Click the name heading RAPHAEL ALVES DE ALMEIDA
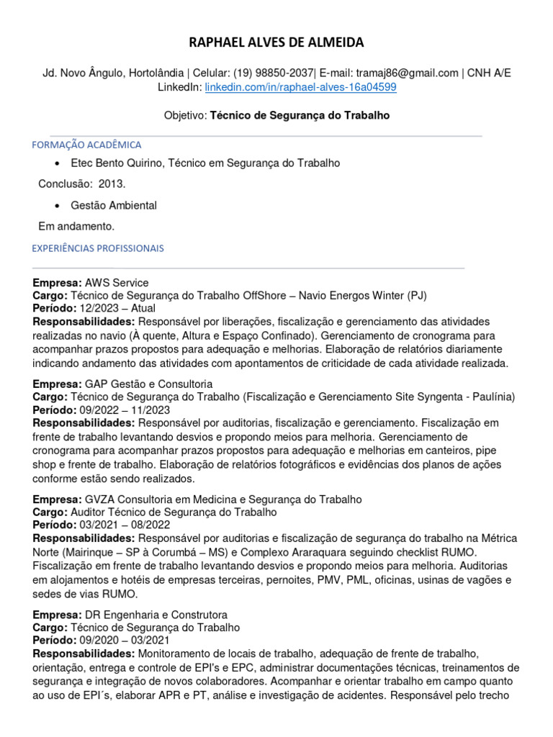(x=276, y=43)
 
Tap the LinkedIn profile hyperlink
(x=300, y=87)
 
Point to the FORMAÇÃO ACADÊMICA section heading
(x=86, y=145)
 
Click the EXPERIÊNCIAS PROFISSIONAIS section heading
(x=98, y=248)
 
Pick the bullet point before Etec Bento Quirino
(x=57, y=163)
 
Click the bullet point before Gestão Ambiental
(x=57, y=206)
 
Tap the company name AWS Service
(x=117, y=283)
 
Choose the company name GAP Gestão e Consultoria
(x=148, y=384)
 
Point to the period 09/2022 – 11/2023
(x=125, y=410)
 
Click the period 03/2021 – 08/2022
(x=125, y=525)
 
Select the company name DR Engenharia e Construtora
(x=156, y=615)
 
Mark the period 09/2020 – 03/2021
(x=125, y=641)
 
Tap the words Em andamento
(x=76, y=227)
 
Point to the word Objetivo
(x=185, y=115)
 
